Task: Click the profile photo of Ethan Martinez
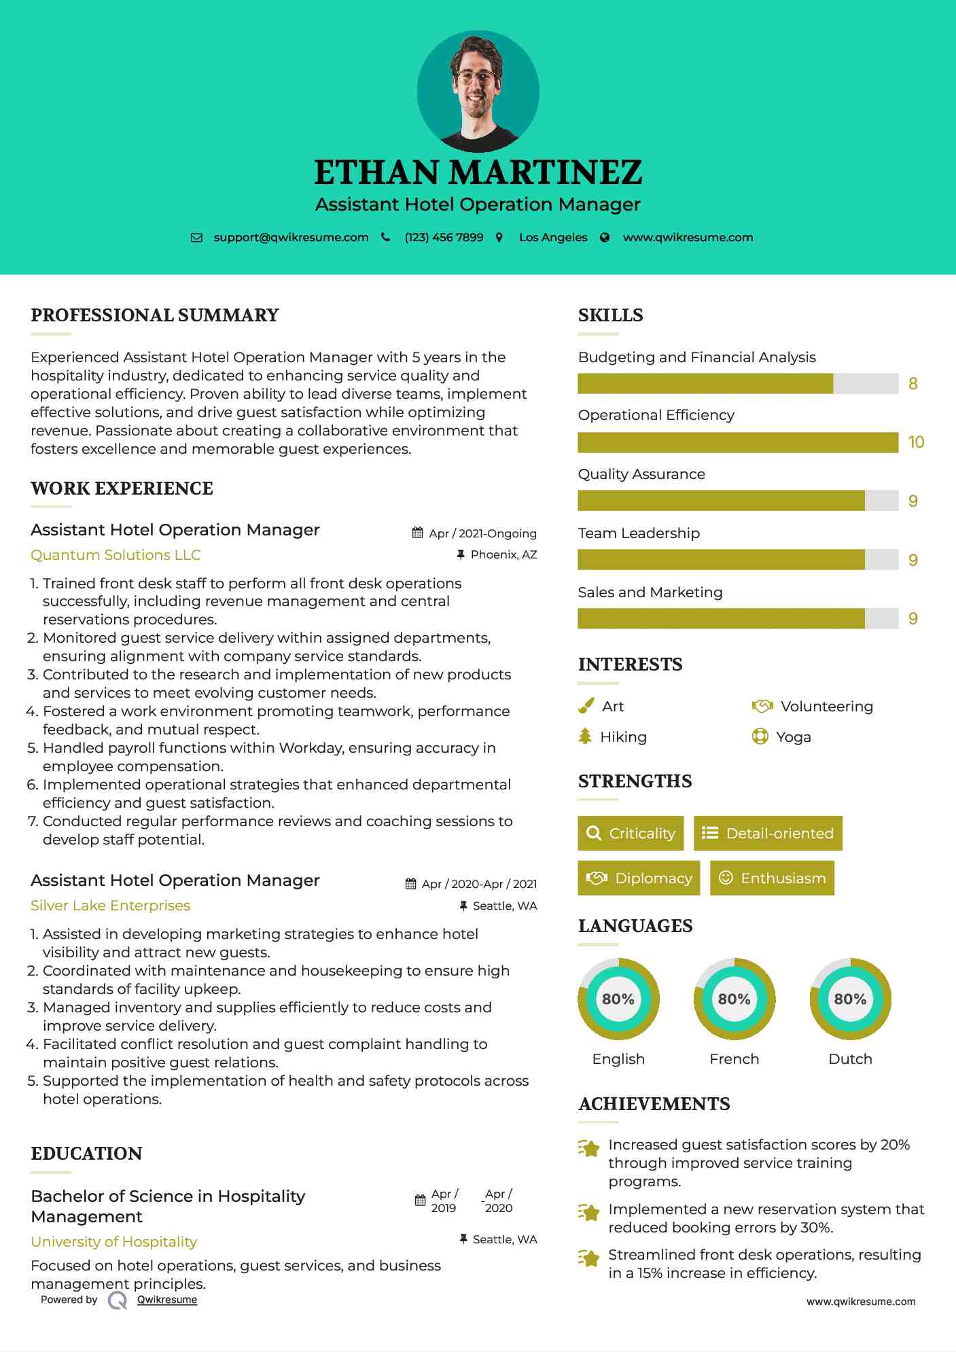coord(478,91)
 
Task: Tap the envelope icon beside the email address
coord(196,238)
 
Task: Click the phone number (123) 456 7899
coord(444,238)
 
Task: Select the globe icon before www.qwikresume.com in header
coord(605,238)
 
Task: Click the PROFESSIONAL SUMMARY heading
coord(155,315)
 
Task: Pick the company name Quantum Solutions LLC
coord(116,555)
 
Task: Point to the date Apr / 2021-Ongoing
coord(482,533)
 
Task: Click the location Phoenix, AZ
coord(503,555)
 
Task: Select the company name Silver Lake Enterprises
coord(110,906)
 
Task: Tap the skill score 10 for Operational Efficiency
coord(916,442)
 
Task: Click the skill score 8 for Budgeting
coord(913,384)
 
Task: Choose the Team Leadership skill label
coord(639,533)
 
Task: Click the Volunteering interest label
coord(826,707)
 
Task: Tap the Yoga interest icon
coord(760,736)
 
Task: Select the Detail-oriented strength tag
coord(768,833)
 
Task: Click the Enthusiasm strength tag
coord(772,878)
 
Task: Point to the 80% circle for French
coord(734,999)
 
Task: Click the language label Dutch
coord(850,1059)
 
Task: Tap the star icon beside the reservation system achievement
coord(589,1212)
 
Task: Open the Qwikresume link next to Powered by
coord(167,1300)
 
